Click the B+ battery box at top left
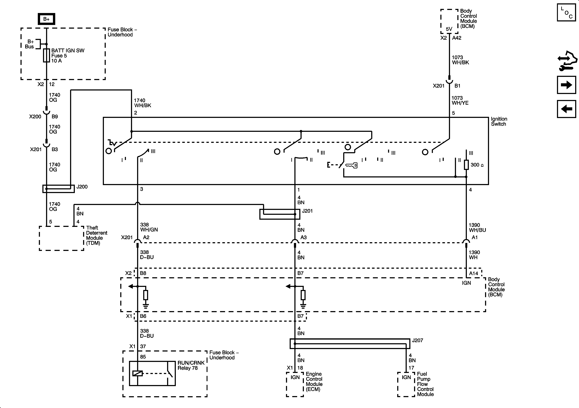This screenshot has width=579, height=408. coord(46,19)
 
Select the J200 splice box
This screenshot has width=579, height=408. coord(58,188)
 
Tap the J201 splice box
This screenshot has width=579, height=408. coord(280,214)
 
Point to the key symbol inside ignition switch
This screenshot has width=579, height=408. coord(351,165)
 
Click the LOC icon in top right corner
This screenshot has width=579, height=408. coord(566,12)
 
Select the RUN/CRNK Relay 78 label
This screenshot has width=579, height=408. coord(191,365)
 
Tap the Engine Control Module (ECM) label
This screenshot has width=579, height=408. coord(314,382)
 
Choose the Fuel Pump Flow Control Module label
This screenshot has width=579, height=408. coord(425,384)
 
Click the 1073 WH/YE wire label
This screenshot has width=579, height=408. coord(460,100)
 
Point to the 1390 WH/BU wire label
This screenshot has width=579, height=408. coord(477,227)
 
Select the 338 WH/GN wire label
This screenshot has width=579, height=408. coord(149,227)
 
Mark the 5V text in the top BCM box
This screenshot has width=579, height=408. coord(449,29)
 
